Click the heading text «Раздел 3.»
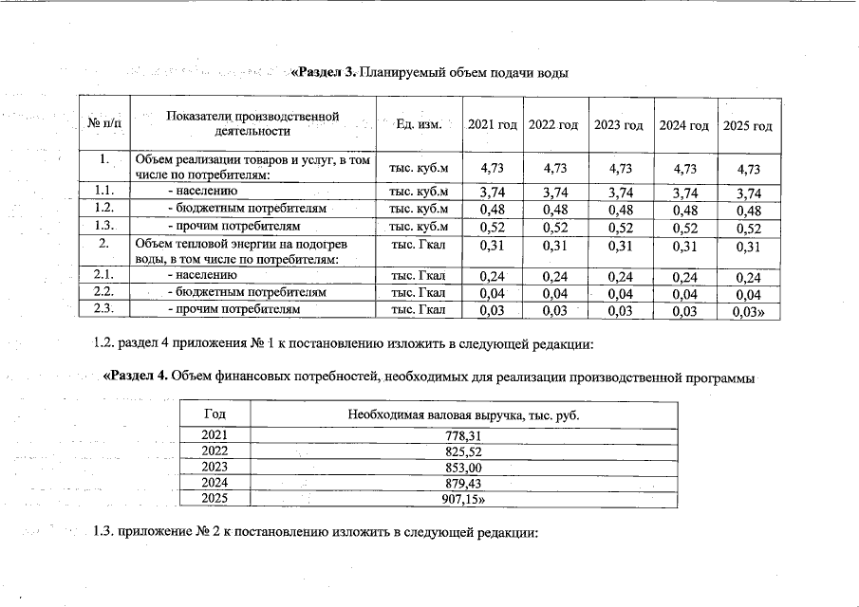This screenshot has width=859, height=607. [x=324, y=73]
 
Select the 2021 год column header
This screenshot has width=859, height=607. [x=492, y=126]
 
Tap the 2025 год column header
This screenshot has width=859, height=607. [x=747, y=126]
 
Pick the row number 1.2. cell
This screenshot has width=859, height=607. [x=105, y=208]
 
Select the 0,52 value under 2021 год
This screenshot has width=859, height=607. [x=492, y=227]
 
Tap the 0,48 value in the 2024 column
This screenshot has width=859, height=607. [x=684, y=209]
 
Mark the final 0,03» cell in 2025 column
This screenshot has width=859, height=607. [x=748, y=310]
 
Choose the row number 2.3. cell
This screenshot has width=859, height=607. [x=105, y=308]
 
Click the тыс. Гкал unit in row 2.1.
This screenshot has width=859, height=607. [x=419, y=276]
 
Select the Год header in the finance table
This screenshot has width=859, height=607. [x=215, y=414]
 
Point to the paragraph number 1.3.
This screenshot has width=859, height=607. [x=103, y=532]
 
